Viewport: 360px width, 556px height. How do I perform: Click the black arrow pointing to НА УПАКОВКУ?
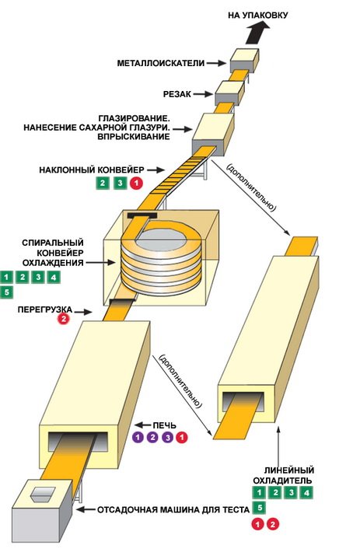click(258, 33)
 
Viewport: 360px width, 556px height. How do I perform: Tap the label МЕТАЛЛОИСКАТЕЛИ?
click(161, 64)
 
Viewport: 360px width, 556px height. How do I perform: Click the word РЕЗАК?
click(177, 94)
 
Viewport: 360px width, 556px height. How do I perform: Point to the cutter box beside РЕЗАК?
click(229, 93)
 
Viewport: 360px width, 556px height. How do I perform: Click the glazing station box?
click(213, 135)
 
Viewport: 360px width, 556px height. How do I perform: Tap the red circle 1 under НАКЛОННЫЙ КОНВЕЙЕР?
click(136, 184)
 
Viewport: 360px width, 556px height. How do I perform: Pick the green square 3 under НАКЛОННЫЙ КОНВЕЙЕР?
click(120, 184)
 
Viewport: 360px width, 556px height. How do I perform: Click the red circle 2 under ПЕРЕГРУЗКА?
click(64, 319)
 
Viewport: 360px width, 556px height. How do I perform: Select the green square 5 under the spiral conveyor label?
click(6, 292)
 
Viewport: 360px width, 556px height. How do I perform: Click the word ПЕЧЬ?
click(164, 425)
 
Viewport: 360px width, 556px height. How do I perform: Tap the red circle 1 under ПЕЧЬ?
click(182, 438)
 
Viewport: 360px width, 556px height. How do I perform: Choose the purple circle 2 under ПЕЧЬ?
click(152, 438)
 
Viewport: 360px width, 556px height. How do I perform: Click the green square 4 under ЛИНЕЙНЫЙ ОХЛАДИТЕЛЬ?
click(306, 492)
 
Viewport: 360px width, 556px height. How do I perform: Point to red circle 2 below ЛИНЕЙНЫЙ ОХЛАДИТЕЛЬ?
click(272, 524)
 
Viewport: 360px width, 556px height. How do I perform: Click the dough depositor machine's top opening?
click(43, 493)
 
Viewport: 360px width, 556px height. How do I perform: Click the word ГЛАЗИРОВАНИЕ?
click(132, 117)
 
